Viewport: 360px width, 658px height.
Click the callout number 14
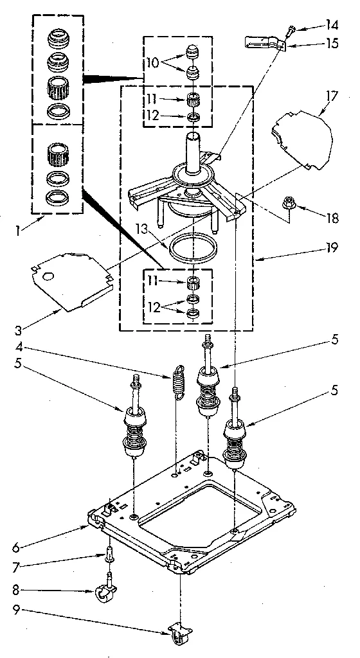pyautogui.click(x=331, y=26)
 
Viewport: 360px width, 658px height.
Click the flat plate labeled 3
pyautogui.click(x=68, y=278)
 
